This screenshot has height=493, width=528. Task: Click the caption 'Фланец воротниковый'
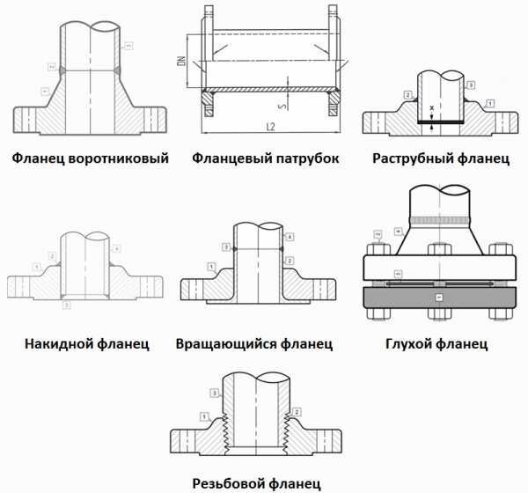tap(90, 159)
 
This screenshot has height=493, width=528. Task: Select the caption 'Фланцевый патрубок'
tap(266, 159)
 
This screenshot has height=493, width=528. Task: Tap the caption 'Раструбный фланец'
tap(441, 159)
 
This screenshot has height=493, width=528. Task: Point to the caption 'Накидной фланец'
tap(87, 342)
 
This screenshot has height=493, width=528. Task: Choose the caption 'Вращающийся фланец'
tap(253, 342)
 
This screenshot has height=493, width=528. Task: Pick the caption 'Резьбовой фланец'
tap(255, 482)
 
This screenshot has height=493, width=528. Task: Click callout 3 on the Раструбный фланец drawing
tap(473, 85)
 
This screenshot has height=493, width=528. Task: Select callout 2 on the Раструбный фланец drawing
tap(408, 93)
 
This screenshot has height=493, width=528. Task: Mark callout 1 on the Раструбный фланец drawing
tap(490, 103)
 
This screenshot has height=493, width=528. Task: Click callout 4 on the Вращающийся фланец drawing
tap(290, 237)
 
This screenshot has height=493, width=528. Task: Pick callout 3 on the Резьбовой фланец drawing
tap(213, 392)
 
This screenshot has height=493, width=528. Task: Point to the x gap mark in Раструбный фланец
tap(434, 108)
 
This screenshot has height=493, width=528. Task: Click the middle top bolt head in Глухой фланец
tap(438, 247)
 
